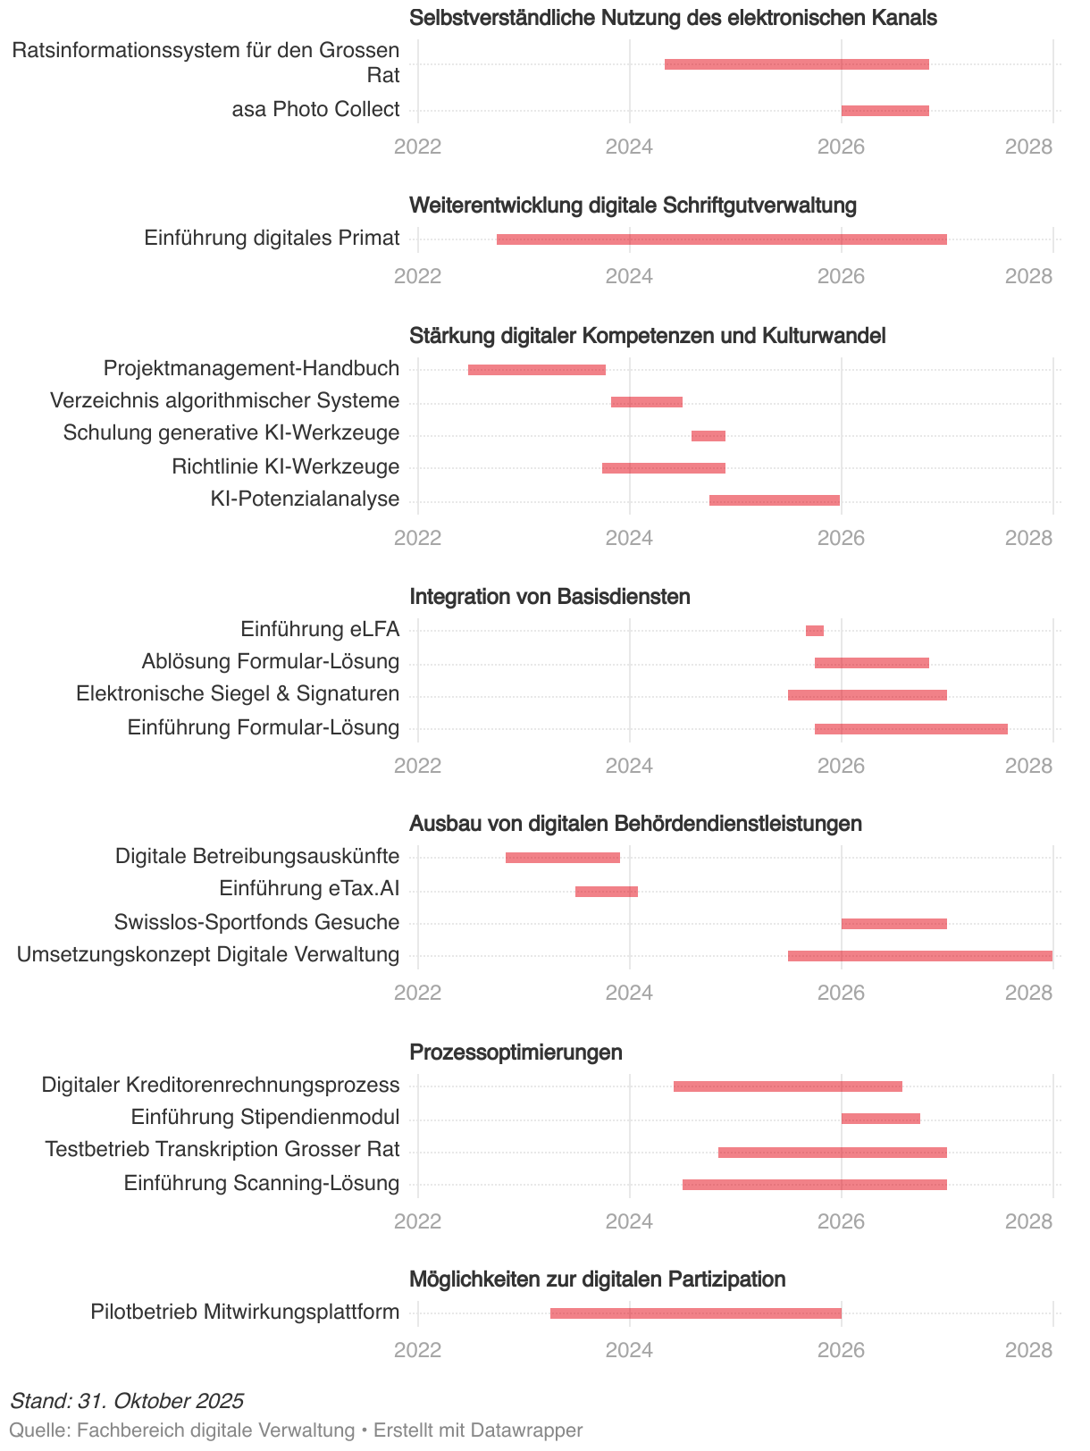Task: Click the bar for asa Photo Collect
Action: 885,111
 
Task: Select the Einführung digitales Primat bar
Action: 721,239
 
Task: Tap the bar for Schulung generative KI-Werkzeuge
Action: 708,436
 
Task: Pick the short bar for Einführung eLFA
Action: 814,631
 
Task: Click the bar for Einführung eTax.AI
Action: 606,892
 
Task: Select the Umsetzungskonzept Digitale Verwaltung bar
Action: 919,956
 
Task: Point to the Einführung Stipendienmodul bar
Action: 880,1119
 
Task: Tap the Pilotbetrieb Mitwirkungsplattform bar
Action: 695,1313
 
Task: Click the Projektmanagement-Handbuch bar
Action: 536,370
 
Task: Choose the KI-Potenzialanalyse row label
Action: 305,499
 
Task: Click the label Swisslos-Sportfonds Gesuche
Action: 256,922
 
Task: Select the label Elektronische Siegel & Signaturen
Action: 238,694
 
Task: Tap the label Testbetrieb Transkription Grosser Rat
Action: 222,1149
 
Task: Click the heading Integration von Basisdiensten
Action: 549,597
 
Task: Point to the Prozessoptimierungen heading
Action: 516,1053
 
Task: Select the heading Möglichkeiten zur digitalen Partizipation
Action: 597,1279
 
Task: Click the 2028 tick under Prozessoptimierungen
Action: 1028,1221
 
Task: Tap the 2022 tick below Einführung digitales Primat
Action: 417,276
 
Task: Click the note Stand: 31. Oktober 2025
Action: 127,1400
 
